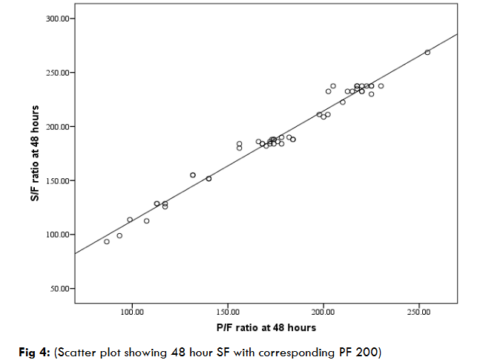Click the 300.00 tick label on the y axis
pyautogui.click(x=57, y=19)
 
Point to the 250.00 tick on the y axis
pyautogui.click(x=57, y=73)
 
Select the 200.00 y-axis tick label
pyautogui.click(x=57, y=127)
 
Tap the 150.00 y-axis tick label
pyautogui.click(x=57, y=181)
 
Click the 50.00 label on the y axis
pyautogui.click(x=59, y=289)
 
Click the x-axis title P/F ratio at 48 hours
pyautogui.click(x=266, y=327)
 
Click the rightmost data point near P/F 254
pyautogui.click(x=427, y=52)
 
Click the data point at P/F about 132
pyautogui.click(x=193, y=175)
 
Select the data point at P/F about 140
pyautogui.click(x=208, y=179)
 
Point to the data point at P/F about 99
pyautogui.click(x=130, y=220)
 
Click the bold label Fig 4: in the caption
pyautogui.click(x=32, y=350)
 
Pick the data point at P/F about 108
pyautogui.click(x=146, y=220)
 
